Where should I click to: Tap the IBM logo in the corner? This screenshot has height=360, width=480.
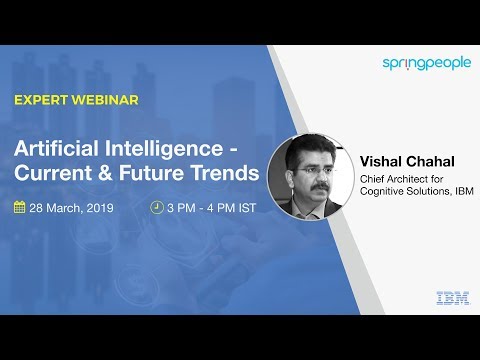447,297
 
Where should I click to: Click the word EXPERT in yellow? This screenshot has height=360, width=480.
39,101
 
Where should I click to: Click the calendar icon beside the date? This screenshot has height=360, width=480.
19,208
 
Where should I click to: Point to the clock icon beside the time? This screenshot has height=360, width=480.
156,208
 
